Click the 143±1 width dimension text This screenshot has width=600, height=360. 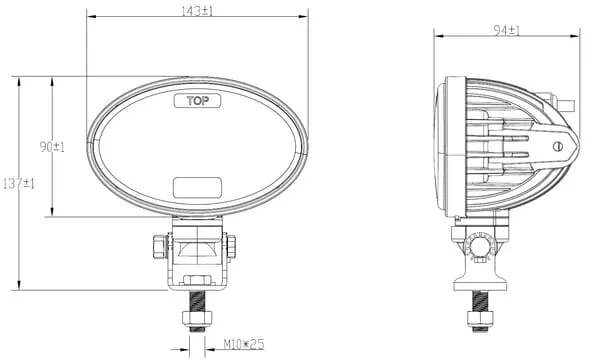click(197, 11)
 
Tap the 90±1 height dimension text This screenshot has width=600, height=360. click(52, 147)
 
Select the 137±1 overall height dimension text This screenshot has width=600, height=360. click(19, 184)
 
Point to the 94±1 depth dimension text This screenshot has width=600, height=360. click(507, 30)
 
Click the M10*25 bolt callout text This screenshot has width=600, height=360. click(244, 344)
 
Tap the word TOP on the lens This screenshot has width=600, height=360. click(198, 101)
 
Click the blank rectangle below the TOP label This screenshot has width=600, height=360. click(197, 187)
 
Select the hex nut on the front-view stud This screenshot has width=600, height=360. click(197, 318)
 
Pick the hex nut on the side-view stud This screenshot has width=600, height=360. click(480, 318)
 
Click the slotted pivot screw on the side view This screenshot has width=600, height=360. click(558, 146)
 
